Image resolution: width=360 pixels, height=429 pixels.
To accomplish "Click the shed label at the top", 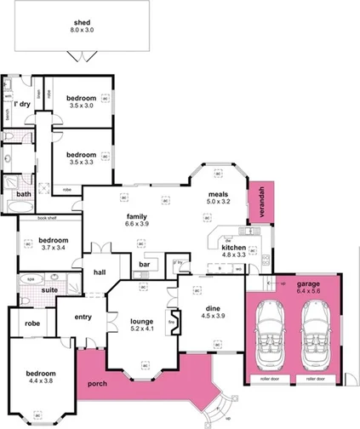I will (x=82, y=23).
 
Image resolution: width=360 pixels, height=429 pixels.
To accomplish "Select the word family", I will (x=137, y=215).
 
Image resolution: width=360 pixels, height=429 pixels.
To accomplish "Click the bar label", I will (x=144, y=264).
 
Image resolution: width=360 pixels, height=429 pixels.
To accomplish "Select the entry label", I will (x=83, y=317).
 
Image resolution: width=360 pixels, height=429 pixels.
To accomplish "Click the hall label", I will (x=100, y=272).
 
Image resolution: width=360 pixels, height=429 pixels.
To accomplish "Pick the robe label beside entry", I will (x=32, y=323).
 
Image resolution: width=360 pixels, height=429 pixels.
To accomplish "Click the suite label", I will (x=38, y=290).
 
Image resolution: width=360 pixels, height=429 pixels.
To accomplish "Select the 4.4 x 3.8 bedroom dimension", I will (x=41, y=382).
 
